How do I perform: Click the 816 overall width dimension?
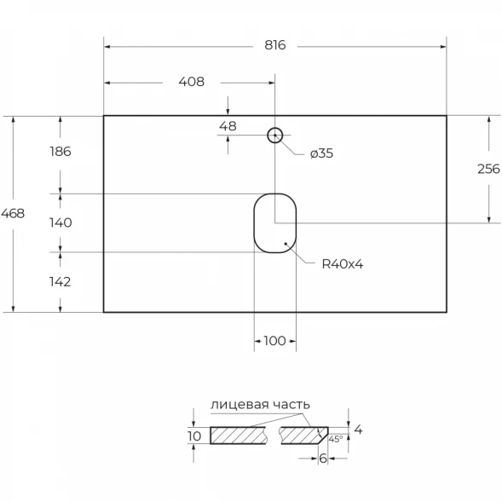click(274, 45)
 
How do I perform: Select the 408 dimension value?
click(192, 82)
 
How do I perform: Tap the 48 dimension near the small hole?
click(228, 126)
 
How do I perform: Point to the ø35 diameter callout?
click(321, 153)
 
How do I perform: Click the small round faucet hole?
click(275, 128)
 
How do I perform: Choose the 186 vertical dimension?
click(61, 152)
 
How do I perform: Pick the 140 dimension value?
click(61, 222)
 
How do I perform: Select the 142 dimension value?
click(60, 282)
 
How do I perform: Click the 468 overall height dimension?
click(13, 213)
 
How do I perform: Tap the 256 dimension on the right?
click(488, 169)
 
